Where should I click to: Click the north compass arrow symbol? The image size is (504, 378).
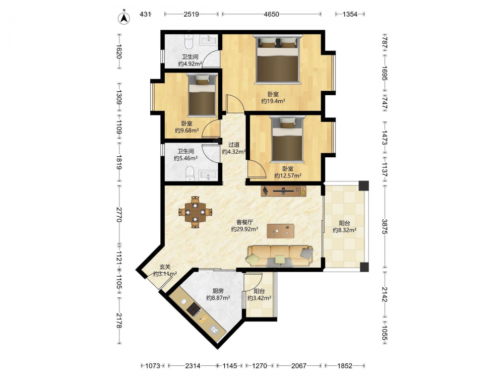[x=124, y=18]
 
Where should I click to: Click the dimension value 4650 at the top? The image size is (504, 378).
[x=271, y=14]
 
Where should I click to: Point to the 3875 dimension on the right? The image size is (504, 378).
[x=385, y=226]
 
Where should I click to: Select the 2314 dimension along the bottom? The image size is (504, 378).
[x=193, y=366]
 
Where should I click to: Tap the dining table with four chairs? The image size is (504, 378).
[x=196, y=212]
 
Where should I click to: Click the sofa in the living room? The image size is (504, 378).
[x=280, y=256]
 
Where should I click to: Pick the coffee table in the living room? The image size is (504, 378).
[x=280, y=231]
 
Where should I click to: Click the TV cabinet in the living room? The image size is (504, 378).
[x=283, y=191]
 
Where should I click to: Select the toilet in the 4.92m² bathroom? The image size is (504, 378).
[x=188, y=41]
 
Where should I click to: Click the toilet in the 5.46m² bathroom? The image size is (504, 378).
[x=190, y=173]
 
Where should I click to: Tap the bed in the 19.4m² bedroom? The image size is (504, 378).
[x=278, y=59]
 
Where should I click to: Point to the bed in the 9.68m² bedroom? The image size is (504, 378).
[x=202, y=95]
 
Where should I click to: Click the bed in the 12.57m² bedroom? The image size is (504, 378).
[x=287, y=139]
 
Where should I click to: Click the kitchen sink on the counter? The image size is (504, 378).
[x=214, y=330]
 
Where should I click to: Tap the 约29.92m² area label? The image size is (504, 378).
[x=244, y=229]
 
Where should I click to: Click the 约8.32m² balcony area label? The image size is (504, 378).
[x=344, y=230]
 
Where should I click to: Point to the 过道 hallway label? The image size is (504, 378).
[x=234, y=145]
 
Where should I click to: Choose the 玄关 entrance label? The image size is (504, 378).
[x=165, y=267]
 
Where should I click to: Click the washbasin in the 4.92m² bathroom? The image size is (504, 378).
[x=209, y=40]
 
